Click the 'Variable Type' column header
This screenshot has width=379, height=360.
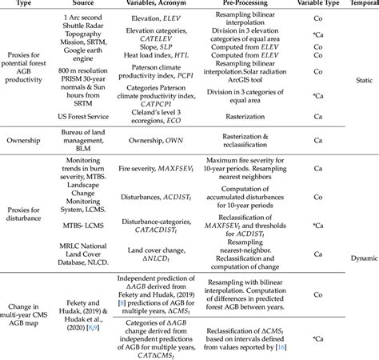click(x=328, y=4)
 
